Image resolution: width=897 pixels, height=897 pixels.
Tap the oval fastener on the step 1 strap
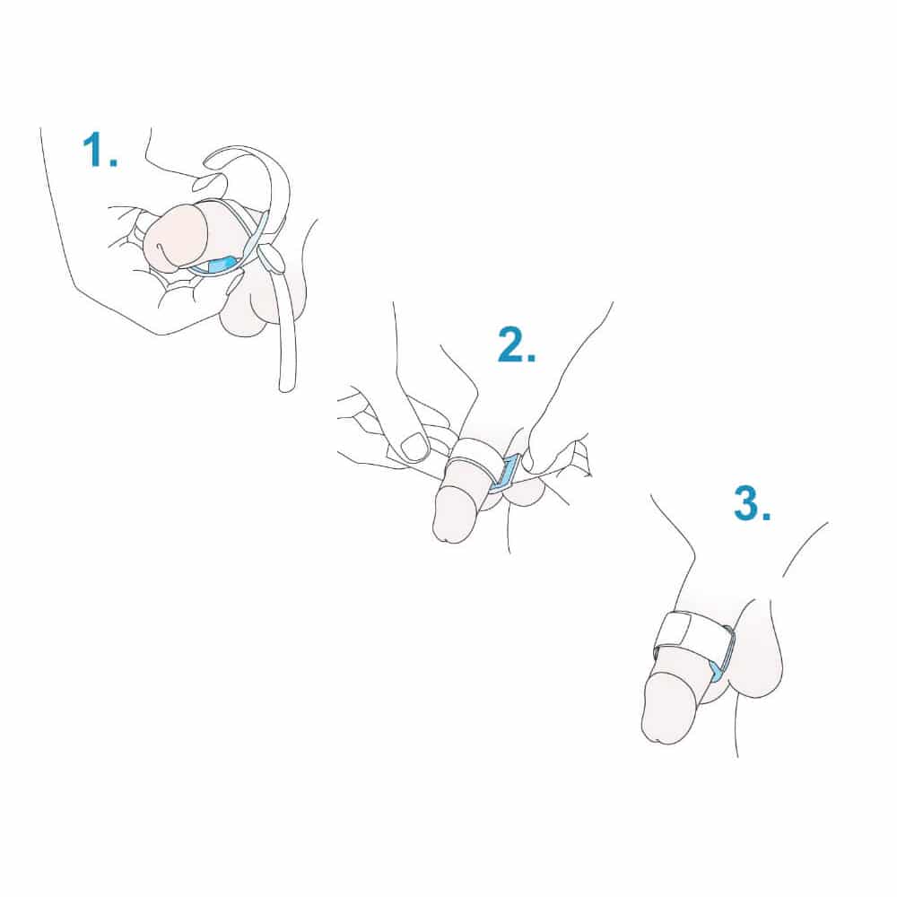[271, 258]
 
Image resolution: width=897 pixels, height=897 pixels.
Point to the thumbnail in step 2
[415, 446]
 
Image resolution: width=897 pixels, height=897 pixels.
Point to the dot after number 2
[531, 358]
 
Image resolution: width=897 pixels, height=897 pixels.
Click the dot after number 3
[766, 516]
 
